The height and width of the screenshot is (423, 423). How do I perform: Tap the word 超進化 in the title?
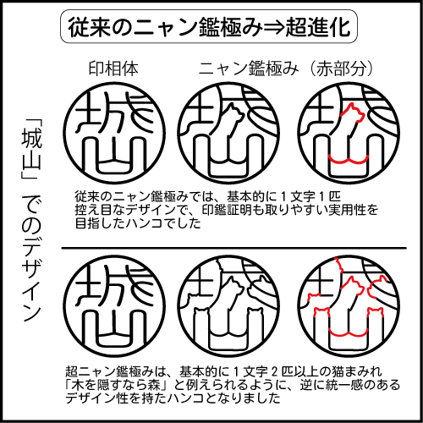tap(318, 27)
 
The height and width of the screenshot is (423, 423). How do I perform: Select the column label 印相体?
tap(113, 69)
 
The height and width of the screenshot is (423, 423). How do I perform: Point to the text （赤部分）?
tap(341, 69)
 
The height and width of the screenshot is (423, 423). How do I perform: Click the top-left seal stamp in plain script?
tap(114, 133)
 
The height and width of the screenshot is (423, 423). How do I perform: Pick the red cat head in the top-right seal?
tap(353, 113)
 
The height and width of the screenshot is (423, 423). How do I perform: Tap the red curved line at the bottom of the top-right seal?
tap(349, 159)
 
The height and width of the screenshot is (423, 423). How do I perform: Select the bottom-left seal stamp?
tap(114, 306)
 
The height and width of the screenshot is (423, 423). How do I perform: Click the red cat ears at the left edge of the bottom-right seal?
tap(313, 297)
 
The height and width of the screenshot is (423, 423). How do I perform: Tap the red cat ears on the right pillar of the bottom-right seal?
tap(376, 312)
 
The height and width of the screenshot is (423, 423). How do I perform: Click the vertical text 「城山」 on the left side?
tap(31, 150)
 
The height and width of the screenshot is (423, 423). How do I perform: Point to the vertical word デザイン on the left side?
tap(31, 278)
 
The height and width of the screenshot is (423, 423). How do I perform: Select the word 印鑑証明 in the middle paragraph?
tap(227, 210)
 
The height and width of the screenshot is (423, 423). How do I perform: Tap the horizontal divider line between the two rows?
tap(234, 248)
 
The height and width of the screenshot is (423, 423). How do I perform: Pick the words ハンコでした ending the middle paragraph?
tap(163, 223)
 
